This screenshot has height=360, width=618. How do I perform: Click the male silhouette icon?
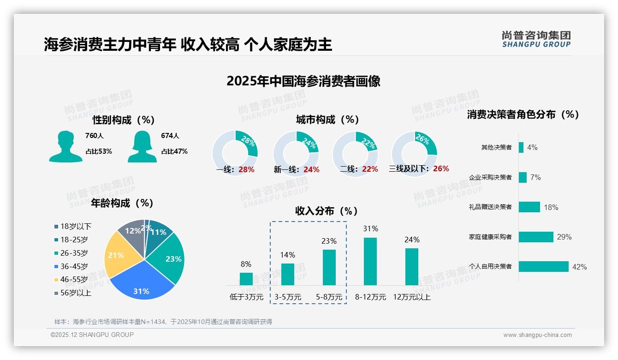tap(65, 147)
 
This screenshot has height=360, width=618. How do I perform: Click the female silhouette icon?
tap(142, 147)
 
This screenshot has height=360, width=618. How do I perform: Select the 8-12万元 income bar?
tap(370, 261)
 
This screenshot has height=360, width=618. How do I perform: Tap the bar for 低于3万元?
tap(246, 279)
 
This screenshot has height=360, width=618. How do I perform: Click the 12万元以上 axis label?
tap(411, 297)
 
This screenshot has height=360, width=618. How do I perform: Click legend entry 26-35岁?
tap(74, 253)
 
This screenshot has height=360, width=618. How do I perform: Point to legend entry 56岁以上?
tap(76, 293)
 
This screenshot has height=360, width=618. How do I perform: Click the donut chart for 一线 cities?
tap(235, 153)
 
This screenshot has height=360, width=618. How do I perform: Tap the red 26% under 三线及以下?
tap(441, 169)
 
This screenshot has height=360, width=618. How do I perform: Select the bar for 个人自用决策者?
tap(543, 267)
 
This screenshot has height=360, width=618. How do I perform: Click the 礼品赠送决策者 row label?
tap(490, 207)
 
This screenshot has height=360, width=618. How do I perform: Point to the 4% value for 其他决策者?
tap(532, 148)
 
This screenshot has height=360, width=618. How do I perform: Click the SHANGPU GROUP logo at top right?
tap(536, 39)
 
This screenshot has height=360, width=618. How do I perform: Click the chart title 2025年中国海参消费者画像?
tap(303, 81)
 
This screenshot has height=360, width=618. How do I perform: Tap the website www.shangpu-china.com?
tap(537, 335)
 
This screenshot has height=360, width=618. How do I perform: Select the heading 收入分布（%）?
tap(327, 211)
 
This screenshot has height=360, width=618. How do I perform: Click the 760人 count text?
tap(95, 136)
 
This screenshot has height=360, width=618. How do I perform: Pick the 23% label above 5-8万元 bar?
tap(329, 241)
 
